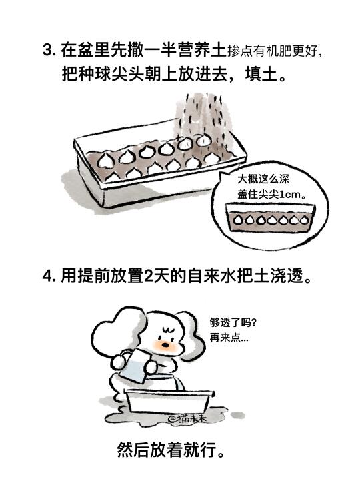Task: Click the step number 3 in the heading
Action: click(x=47, y=51)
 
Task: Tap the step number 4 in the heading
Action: click(x=47, y=276)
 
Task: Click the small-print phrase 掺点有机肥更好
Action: click(x=272, y=51)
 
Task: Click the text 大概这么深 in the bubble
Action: click(x=263, y=179)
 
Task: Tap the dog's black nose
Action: click(x=165, y=344)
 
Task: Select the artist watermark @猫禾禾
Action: click(x=186, y=419)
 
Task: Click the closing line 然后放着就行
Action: click(x=171, y=450)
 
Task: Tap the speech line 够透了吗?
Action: click(x=233, y=322)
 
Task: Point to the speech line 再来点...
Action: click(x=229, y=338)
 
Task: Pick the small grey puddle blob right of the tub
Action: click(x=238, y=415)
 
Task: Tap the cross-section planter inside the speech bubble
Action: click(x=270, y=217)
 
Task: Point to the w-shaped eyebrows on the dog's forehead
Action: click(x=168, y=330)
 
